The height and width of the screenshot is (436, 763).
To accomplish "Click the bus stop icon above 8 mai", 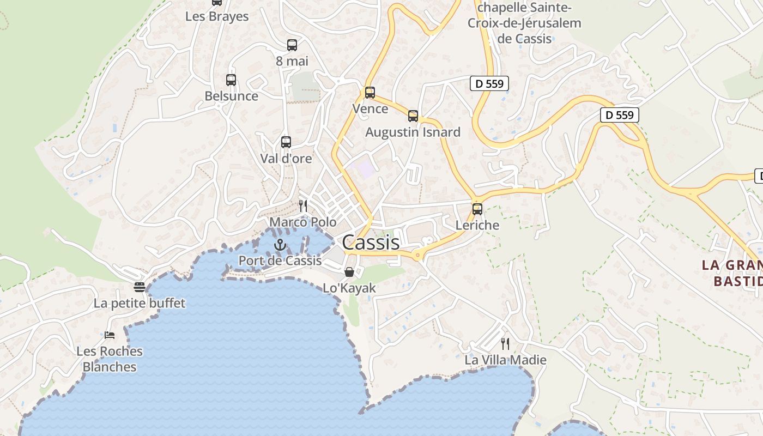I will point(292,45).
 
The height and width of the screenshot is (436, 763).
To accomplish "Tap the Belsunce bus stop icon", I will point(231,80).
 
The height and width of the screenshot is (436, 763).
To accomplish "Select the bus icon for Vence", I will point(370,93).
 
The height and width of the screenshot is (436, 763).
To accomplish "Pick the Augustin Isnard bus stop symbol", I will point(413,116).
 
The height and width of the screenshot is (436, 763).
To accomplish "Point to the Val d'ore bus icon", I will point(286,142).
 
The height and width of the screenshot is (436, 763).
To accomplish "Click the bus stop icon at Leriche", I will point(477,209).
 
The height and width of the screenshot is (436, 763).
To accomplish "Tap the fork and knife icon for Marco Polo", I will point(303,205).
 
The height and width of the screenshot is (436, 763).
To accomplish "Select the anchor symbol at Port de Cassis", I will point(280,245).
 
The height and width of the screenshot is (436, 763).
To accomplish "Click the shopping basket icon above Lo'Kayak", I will point(349,271).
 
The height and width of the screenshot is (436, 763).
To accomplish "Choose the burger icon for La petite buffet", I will point(140,287).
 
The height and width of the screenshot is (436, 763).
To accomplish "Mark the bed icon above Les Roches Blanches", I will point(110,335).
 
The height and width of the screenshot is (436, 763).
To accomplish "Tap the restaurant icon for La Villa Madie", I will point(505,343).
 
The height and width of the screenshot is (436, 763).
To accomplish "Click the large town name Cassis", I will point(371,243).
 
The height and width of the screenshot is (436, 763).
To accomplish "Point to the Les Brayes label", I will point(217,16).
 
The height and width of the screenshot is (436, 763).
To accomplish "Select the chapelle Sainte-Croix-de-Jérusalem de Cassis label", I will point(524,23).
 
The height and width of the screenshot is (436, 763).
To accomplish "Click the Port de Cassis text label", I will point(280,261).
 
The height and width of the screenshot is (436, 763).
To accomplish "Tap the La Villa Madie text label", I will point(505,360).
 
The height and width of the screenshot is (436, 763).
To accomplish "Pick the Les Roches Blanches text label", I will point(110,359).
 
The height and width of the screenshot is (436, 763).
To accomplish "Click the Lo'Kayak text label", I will point(349,288).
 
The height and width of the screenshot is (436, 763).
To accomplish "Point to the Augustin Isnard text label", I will point(413,132).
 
